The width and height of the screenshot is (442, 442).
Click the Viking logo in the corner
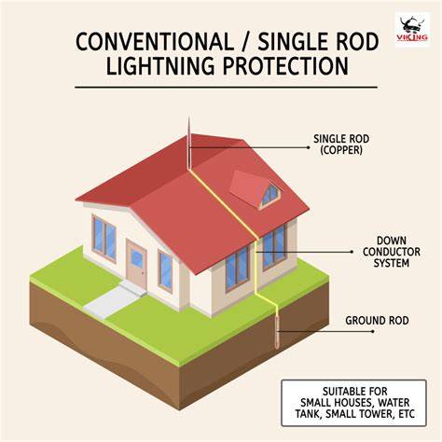[412, 29]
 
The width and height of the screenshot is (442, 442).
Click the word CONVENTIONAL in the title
[155, 42]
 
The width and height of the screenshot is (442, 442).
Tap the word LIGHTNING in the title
[160, 66]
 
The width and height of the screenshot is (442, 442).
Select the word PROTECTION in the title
[285, 66]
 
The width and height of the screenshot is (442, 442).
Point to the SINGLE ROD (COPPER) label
[341, 145]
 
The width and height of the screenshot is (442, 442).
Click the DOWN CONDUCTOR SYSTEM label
[391, 252]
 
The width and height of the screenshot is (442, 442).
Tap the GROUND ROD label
[377, 321]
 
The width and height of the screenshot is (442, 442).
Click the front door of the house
[136, 264]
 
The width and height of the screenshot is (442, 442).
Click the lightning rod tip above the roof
[188, 117]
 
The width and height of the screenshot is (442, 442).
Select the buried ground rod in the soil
[276, 331]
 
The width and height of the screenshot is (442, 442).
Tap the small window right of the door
[165, 270]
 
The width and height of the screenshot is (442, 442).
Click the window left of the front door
[104, 238]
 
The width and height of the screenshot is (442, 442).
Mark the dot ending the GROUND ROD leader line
[373, 331]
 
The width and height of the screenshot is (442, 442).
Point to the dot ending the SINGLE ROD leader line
[309, 147]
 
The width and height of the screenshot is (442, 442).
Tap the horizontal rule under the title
[226, 88]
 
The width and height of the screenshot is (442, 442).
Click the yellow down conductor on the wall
[256, 267]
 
